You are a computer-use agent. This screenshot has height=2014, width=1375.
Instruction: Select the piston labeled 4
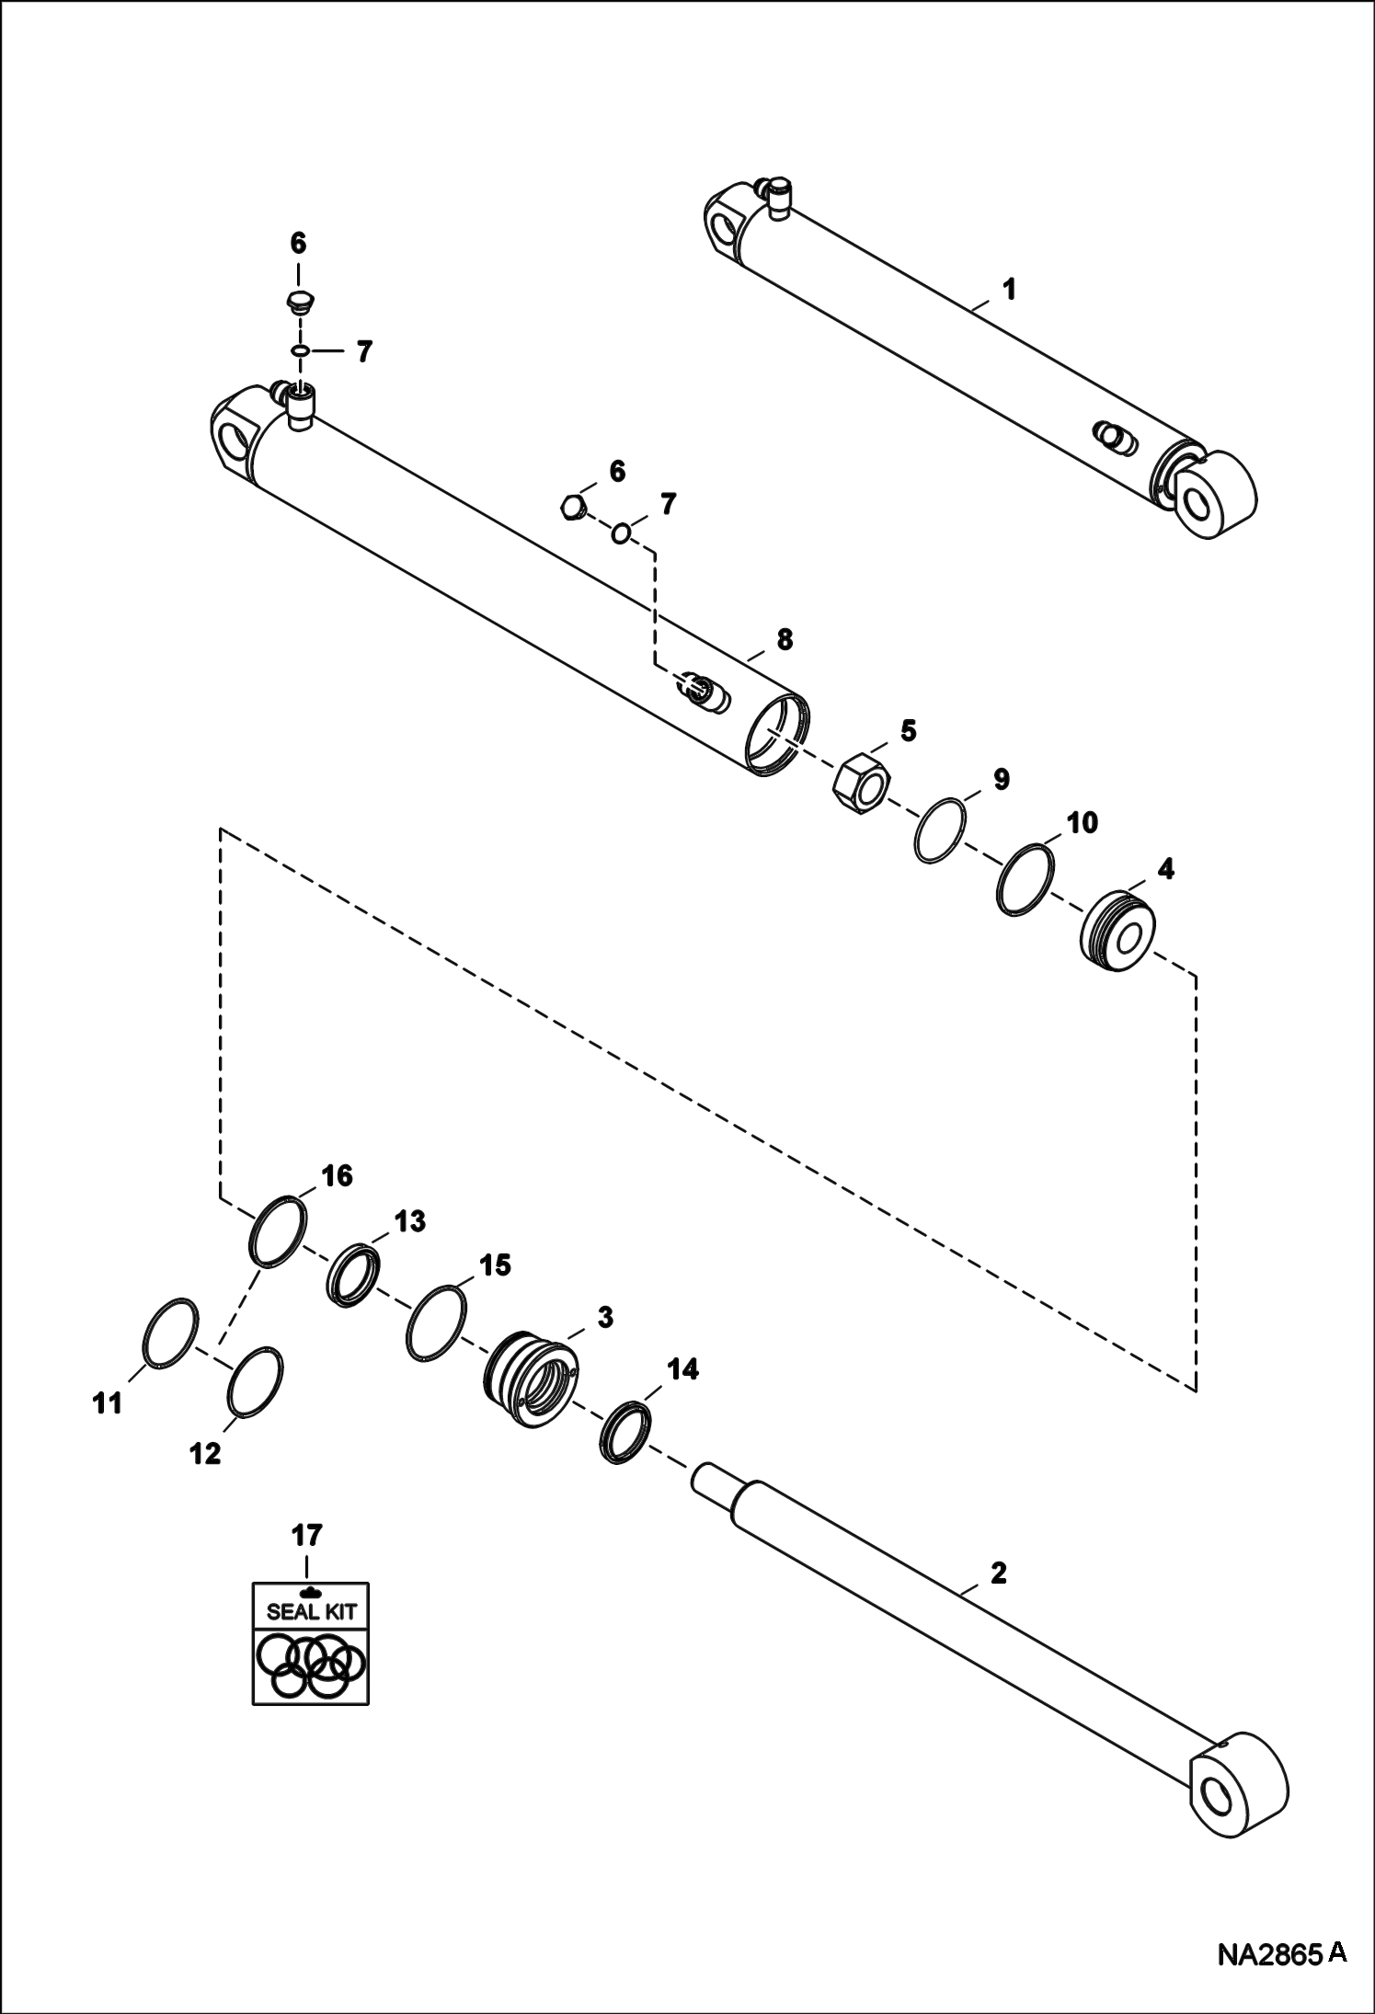coord(1116,933)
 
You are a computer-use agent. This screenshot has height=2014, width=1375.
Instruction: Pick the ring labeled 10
coord(1024,880)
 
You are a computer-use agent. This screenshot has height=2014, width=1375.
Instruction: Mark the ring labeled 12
coord(254,1385)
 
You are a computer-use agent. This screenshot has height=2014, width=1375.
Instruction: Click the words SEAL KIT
coord(311,1611)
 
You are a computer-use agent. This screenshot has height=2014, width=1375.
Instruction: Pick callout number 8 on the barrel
coord(784,639)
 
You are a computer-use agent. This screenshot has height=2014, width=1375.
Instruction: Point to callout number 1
coord(1009,290)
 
